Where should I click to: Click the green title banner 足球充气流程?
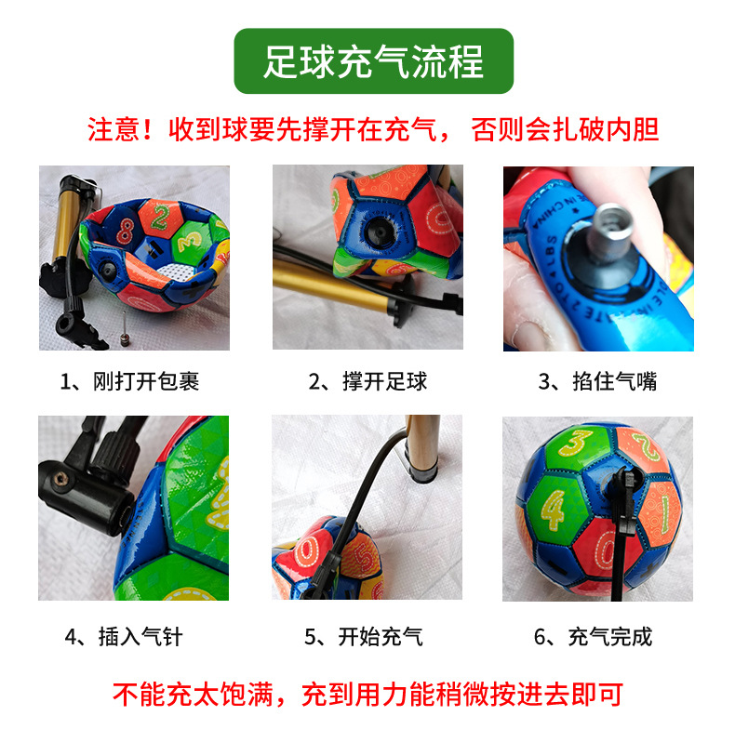click(x=373, y=61)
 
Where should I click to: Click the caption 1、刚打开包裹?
click(x=129, y=381)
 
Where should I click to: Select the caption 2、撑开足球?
click(x=367, y=381)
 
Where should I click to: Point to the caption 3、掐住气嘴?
click(x=597, y=381)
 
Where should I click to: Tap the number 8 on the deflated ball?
click(x=124, y=226)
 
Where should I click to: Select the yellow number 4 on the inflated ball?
click(x=553, y=510)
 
